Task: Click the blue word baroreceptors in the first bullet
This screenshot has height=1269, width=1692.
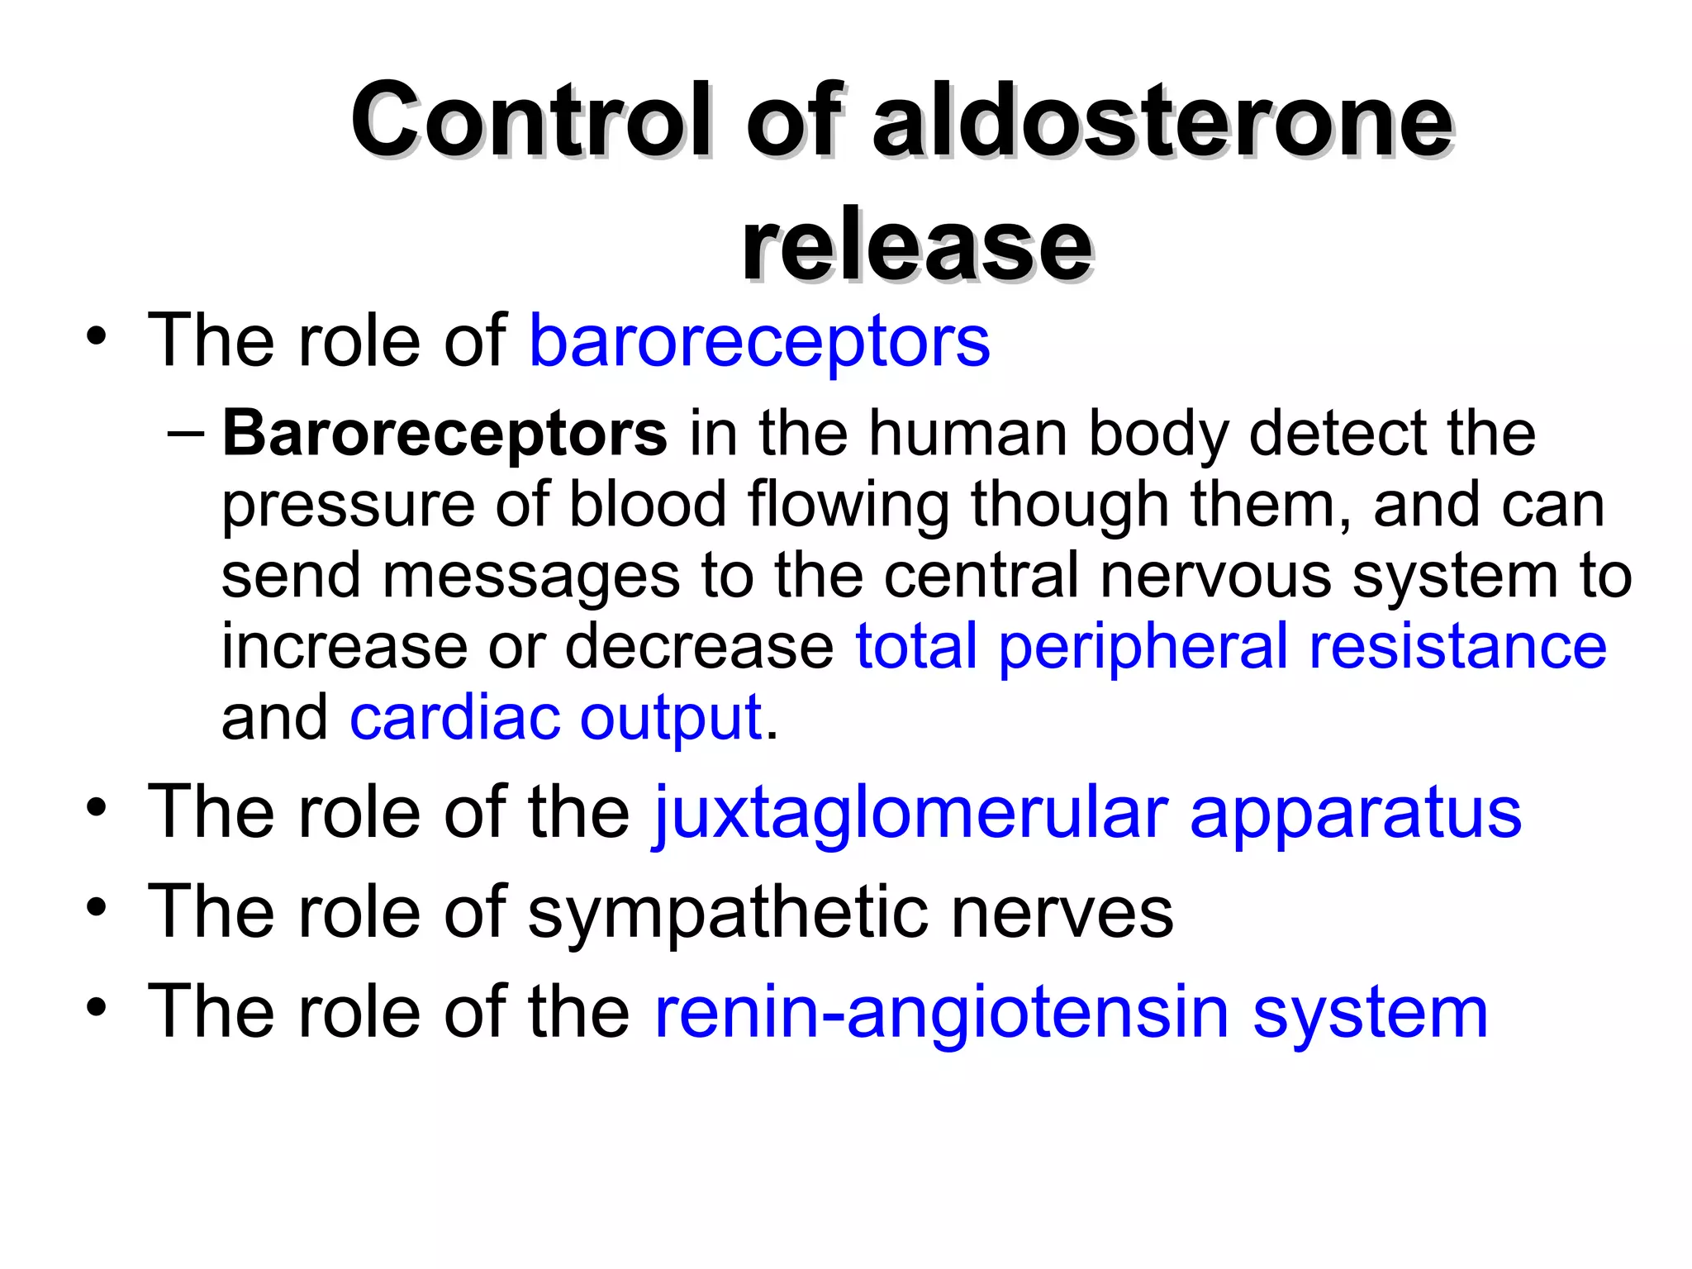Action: point(759,341)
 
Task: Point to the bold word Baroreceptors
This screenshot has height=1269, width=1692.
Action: point(444,433)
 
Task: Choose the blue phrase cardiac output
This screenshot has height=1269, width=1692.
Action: point(555,717)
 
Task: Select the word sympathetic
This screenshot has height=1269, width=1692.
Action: point(727,913)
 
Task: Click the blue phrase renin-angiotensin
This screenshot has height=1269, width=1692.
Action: point(942,1013)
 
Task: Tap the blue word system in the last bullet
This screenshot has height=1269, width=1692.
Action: point(1371,1013)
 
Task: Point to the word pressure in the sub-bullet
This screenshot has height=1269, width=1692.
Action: point(348,506)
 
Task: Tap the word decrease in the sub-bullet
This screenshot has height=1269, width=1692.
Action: point(700,646)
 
